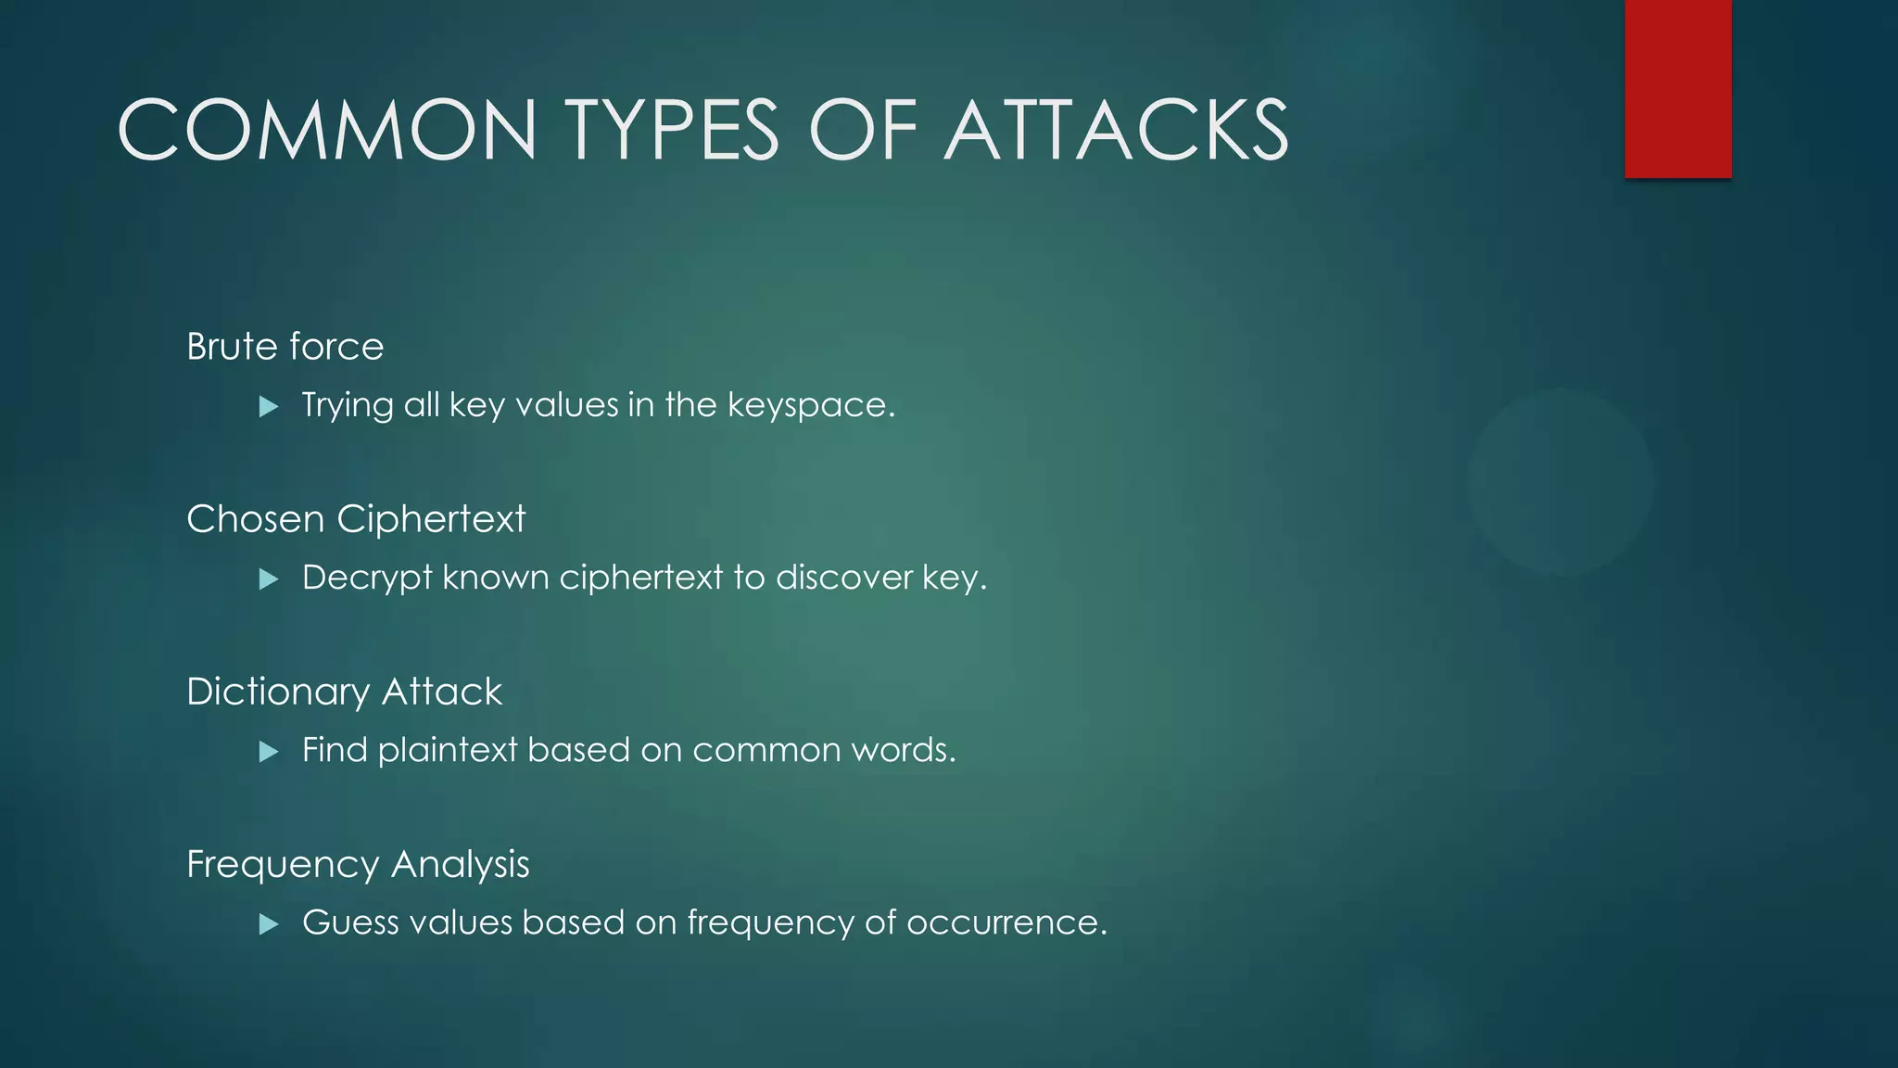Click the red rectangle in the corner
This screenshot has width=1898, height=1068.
tap(1677, 88)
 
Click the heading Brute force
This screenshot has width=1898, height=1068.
tap(285, 347)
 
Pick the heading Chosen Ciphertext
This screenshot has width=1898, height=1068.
tap(356, 519)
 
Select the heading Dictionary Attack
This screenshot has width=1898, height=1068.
tap(344, 692)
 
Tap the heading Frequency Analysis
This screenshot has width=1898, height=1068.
tap(358, 864)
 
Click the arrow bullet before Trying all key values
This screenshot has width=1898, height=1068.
tap(269, 406)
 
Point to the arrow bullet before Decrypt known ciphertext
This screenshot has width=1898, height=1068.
tap(269, 579)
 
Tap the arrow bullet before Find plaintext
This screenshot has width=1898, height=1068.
tap(269, 751)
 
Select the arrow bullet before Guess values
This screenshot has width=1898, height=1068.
tap(269, 923)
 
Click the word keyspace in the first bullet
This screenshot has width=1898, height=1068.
tap(810, 406)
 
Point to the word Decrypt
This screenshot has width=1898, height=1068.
tap(367, 578)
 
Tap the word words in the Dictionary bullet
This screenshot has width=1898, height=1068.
tap(903, 750)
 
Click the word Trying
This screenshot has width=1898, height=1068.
tap(348, 406)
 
